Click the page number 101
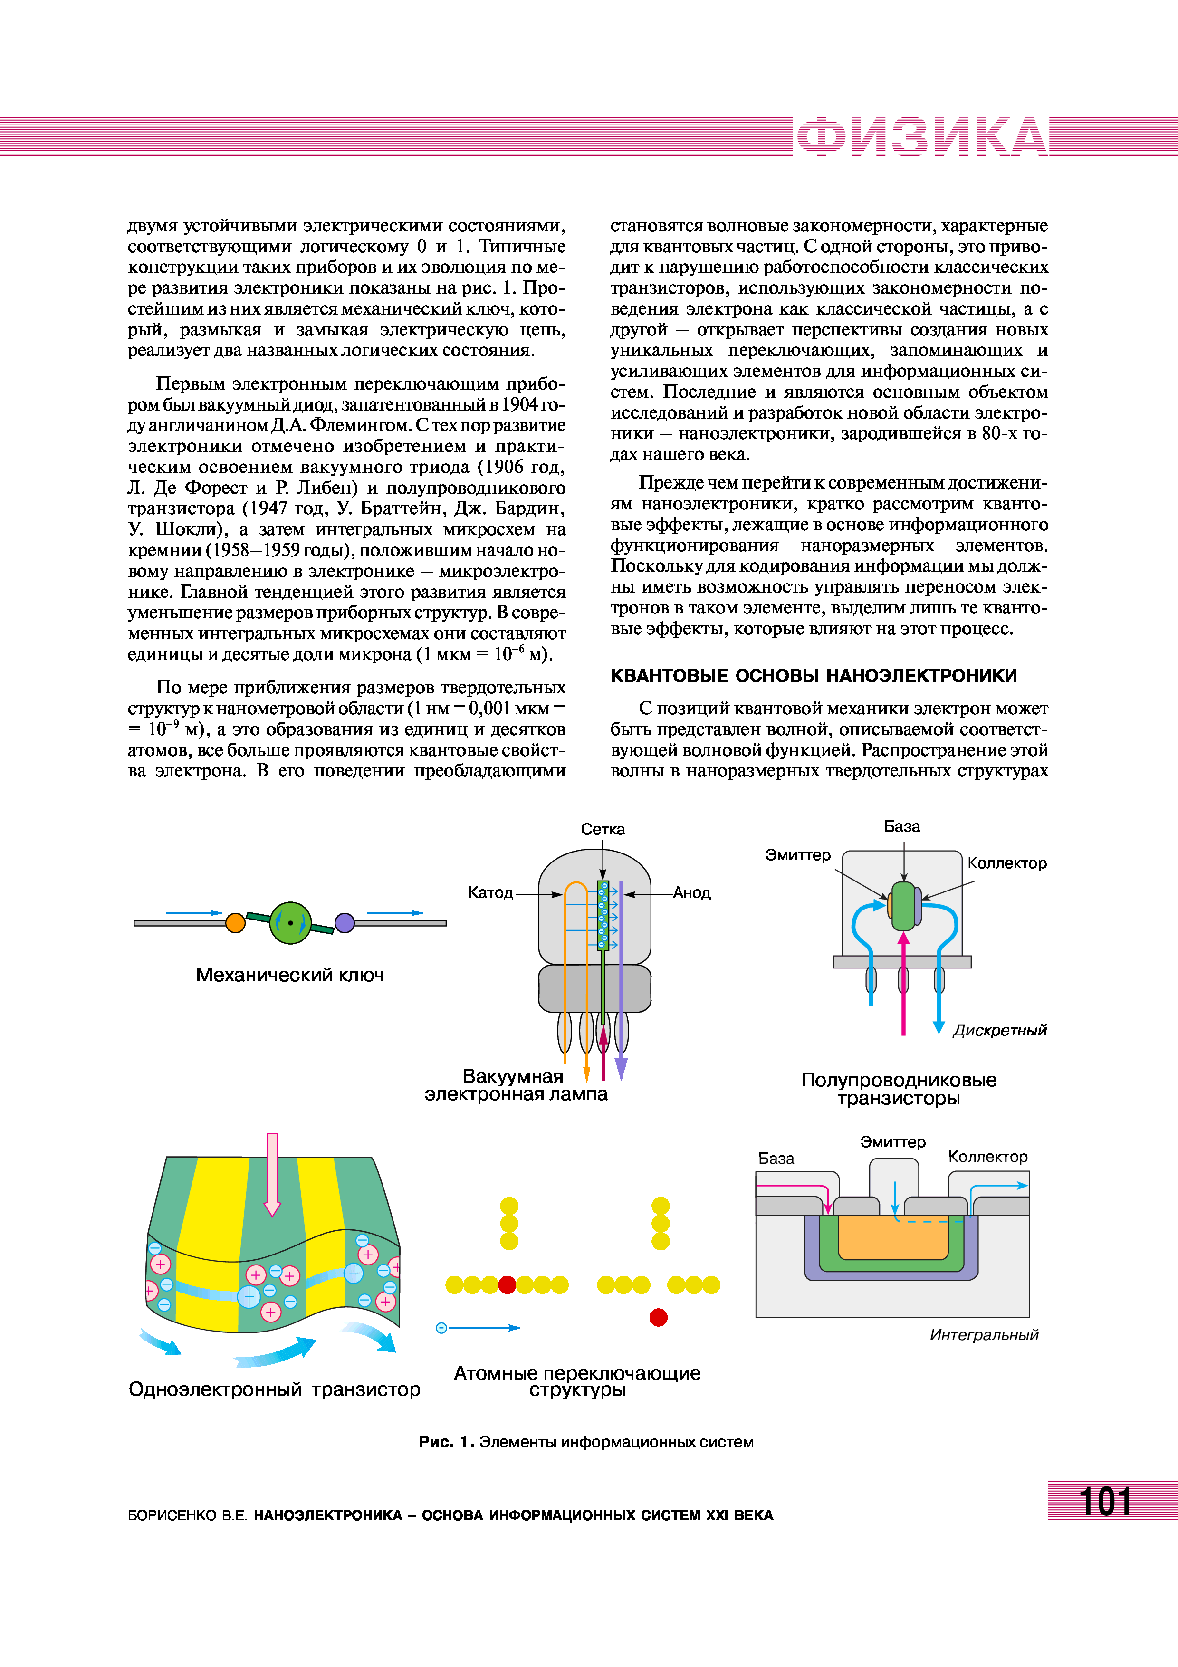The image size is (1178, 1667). (1105, 1502)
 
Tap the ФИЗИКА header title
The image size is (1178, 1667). (922, 136)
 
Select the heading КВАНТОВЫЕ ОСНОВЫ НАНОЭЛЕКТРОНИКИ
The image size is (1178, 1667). (813, 676)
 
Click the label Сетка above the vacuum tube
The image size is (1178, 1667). (603, 829)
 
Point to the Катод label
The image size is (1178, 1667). (491, 892)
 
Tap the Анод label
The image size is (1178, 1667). (692, 892)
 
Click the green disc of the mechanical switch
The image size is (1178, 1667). (290, 923)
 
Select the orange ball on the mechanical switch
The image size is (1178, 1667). (235, 923)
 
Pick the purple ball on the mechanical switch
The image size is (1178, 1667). (345, 923)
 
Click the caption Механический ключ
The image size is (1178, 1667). (289, 975)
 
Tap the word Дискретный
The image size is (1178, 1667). (999, 1030)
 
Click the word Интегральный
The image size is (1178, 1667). (984, 1334)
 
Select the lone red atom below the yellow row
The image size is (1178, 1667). (658, 1317)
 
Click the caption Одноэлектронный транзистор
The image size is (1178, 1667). (274, 1389)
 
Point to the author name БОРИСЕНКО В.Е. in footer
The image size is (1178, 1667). (187, 1515)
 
